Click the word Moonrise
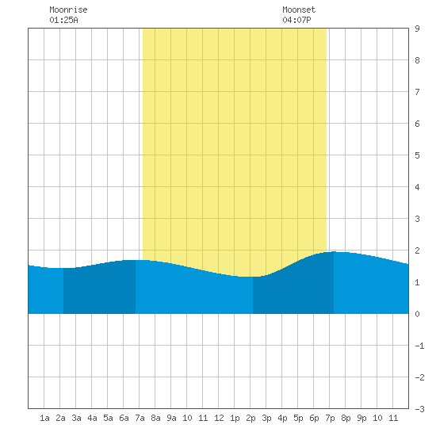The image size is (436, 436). point(68,10)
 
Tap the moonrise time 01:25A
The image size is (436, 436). point(63,20)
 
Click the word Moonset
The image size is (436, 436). point(299,10)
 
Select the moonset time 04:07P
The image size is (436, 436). point(296,20)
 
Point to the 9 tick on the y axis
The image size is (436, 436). point(417,29)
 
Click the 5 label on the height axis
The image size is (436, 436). point(417,155)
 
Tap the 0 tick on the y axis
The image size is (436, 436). point(417,314)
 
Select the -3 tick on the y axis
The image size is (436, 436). point(419,409)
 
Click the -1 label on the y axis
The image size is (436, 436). point(419,346)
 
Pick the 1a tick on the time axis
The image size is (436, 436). point(44,418)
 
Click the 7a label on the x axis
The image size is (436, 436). point(140,418)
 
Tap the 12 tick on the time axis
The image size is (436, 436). point(219,418)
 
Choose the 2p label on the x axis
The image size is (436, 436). point(251,418)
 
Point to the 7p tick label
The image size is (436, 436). point(330,418)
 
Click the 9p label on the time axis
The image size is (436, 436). point(361,418)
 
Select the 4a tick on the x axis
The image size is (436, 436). point(92,418)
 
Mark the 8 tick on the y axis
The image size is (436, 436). point(417,60)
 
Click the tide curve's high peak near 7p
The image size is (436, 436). point(334,251)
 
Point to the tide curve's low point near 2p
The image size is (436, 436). point(251,277)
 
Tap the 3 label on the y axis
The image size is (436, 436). point(417,219)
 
